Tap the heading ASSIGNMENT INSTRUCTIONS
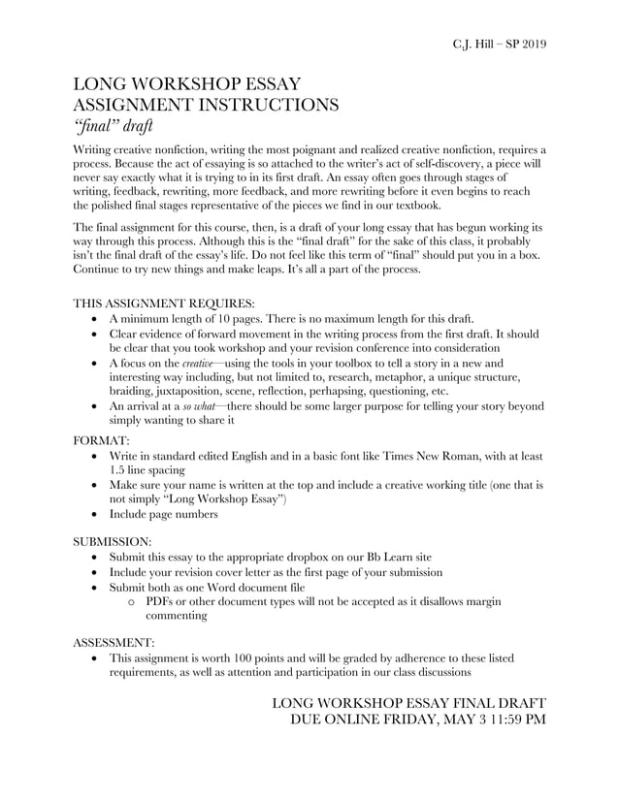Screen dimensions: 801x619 point(207,104)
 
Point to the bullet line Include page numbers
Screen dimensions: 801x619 point(163,514)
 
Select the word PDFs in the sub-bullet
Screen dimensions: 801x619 point(163,601)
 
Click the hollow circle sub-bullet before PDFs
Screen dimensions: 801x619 point(132,602)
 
